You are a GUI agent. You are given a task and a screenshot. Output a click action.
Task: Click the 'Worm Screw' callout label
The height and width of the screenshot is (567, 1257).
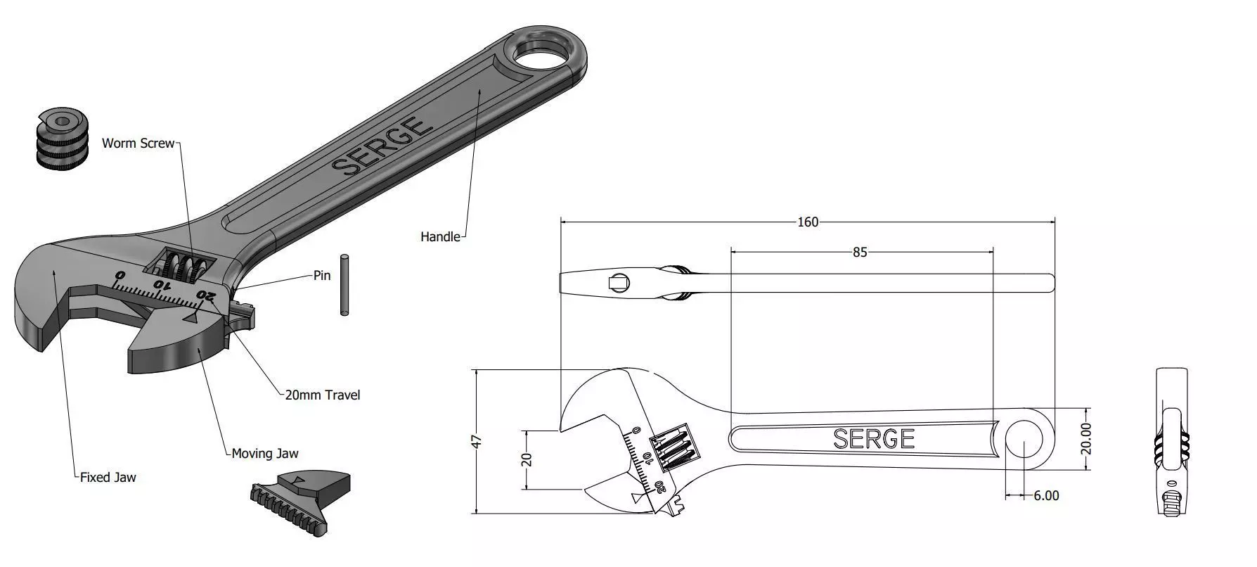click(138, 144)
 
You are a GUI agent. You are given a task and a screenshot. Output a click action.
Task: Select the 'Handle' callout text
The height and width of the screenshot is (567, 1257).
click(440, 237)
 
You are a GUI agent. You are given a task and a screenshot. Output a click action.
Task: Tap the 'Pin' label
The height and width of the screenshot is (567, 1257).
click(322, 276)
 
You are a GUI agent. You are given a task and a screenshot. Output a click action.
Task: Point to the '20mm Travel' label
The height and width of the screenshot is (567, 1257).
click(322, 395)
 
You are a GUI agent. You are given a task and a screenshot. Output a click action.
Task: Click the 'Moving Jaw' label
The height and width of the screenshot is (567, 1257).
click(265, 454)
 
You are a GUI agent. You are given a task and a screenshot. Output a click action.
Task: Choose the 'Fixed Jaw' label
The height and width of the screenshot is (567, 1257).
click(108, 478)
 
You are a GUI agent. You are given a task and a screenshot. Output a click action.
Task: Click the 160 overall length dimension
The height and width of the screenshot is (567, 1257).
click(807, 222)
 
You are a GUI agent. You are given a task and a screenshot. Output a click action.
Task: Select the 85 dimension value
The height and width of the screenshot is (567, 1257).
click(860, 252)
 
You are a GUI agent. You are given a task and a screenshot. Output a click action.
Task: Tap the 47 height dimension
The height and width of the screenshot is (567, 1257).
click(477, 442)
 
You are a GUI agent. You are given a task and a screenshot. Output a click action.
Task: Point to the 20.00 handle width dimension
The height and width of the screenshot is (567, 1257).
click(1085, 438)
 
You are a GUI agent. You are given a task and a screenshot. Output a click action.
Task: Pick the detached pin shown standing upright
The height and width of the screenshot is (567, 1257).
click(344, 284)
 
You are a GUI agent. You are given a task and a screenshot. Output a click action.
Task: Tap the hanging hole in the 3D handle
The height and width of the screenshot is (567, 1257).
click(542, 53)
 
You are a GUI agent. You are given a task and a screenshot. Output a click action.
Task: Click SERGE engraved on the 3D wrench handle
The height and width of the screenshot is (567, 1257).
click(380, 146)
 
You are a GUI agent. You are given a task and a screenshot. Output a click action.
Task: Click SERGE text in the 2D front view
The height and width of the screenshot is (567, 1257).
click(874, 439)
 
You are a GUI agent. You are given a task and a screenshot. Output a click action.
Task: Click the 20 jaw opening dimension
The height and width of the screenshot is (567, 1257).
click(527, 459)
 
